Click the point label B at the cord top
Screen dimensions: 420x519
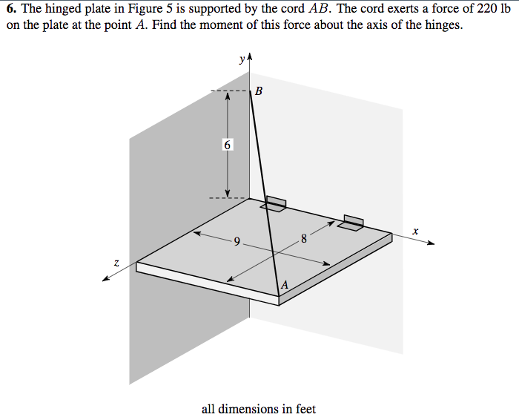pos(258,92)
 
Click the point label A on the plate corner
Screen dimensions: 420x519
pos(284,285)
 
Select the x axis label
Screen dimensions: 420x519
pos(416,232)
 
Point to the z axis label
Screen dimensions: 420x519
pos(116,261)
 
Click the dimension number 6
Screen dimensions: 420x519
pos(228,145)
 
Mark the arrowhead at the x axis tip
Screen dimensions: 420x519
pos(431,243)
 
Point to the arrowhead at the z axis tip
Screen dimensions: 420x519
pos(107,278)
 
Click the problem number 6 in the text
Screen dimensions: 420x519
pos(10,8)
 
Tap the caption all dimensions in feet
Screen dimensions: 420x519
pos(258,409)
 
